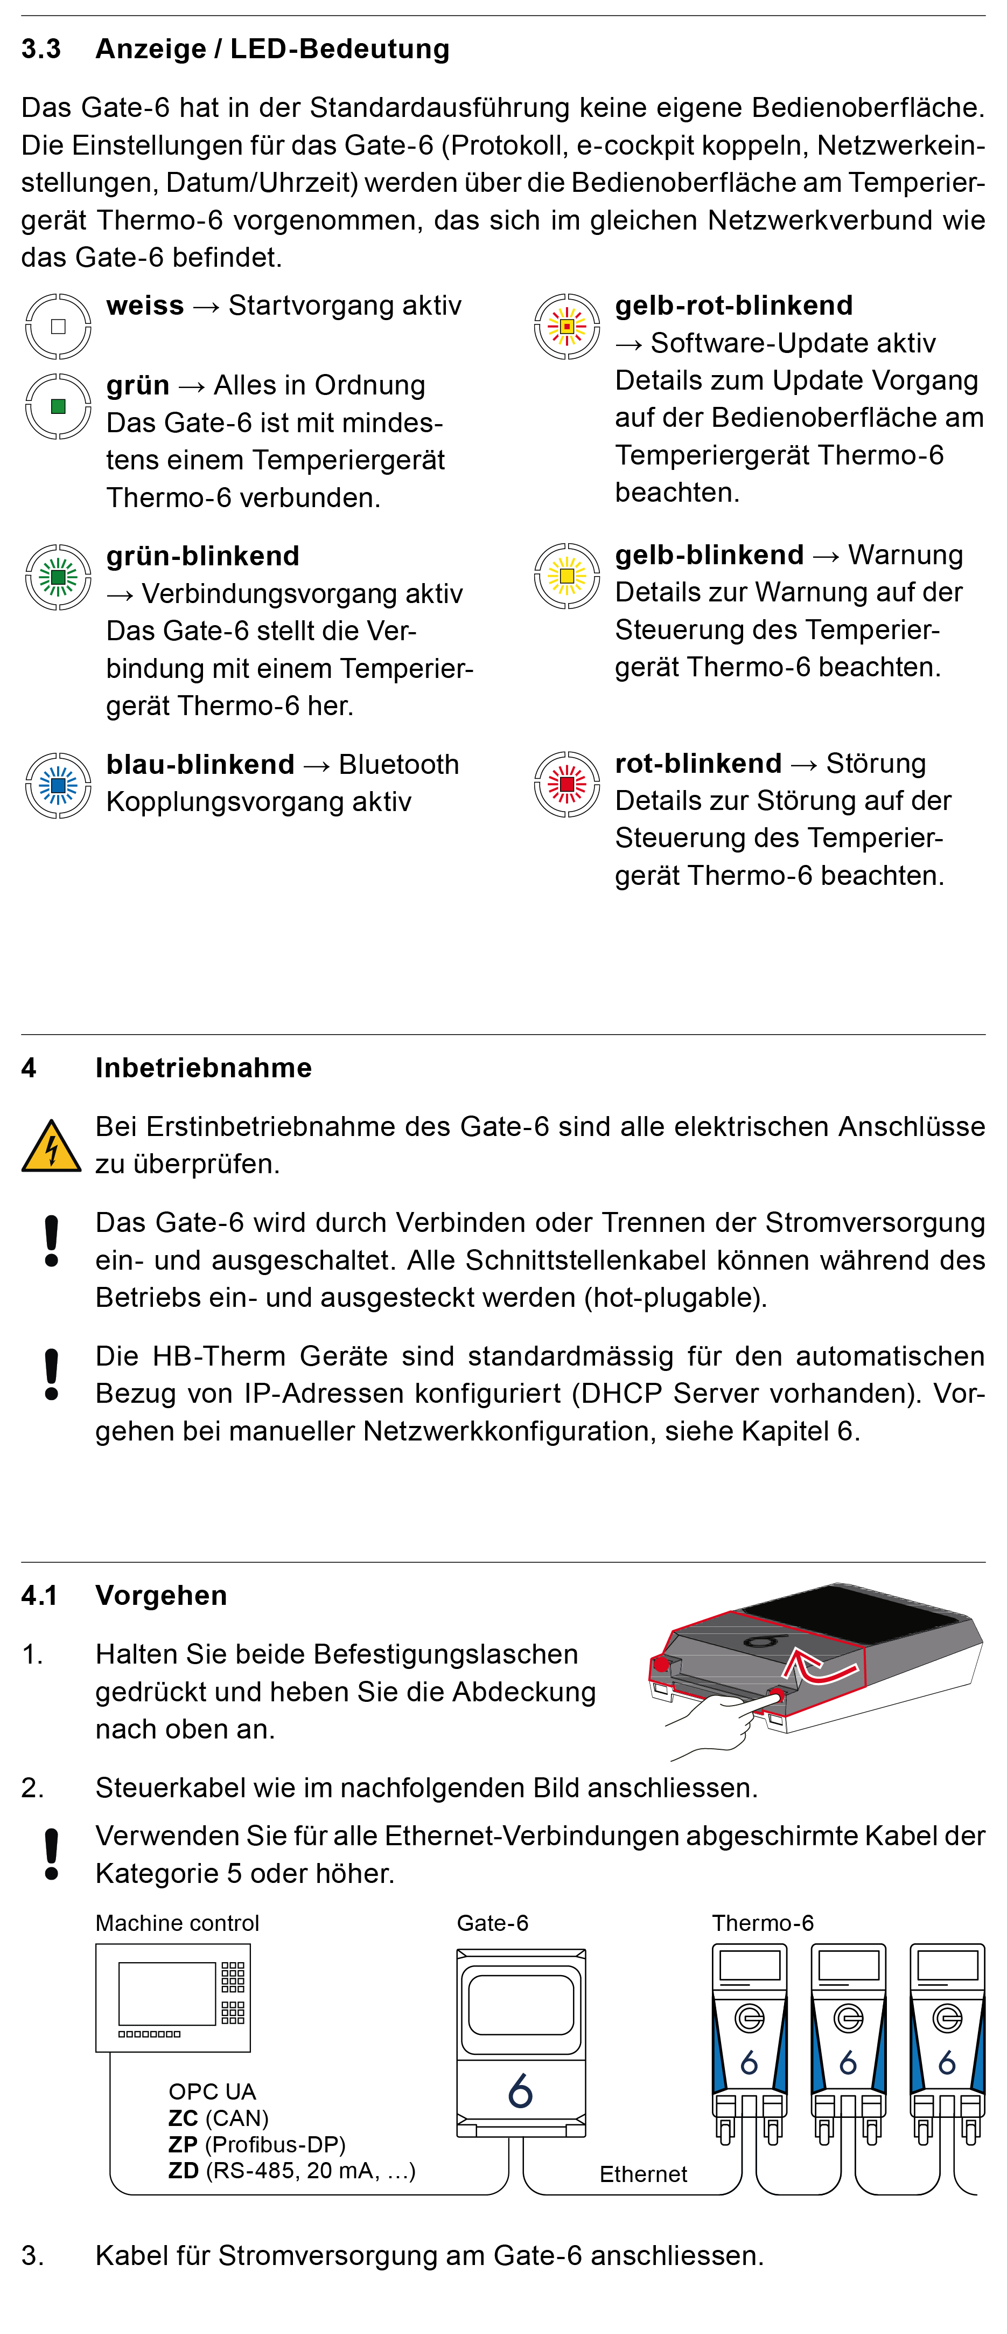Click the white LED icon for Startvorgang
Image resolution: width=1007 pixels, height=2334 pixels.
point(58,326)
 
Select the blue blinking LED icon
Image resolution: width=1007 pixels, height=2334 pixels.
point(58,785)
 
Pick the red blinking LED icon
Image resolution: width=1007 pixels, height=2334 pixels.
point(567,784)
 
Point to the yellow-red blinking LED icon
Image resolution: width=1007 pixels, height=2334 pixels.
point(567,326)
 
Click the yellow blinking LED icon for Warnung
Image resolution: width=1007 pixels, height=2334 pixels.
point(567,576)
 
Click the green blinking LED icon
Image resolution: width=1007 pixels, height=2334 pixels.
point(58,576)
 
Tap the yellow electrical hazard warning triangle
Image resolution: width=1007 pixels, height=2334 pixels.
point(51,1147)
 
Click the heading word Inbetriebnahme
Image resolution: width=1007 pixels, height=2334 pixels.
point(203,1068)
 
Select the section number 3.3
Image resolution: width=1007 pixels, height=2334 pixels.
point(41,49)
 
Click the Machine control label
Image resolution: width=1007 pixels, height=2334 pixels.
point(178,1923)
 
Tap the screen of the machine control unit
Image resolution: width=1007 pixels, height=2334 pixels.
point(166,1993)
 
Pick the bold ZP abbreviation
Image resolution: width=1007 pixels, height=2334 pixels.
point(183,2145)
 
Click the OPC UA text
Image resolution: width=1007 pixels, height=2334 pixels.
point(212,2092)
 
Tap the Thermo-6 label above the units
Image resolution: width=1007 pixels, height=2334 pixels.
point(763,1923)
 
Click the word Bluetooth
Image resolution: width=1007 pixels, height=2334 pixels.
point(398,765)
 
